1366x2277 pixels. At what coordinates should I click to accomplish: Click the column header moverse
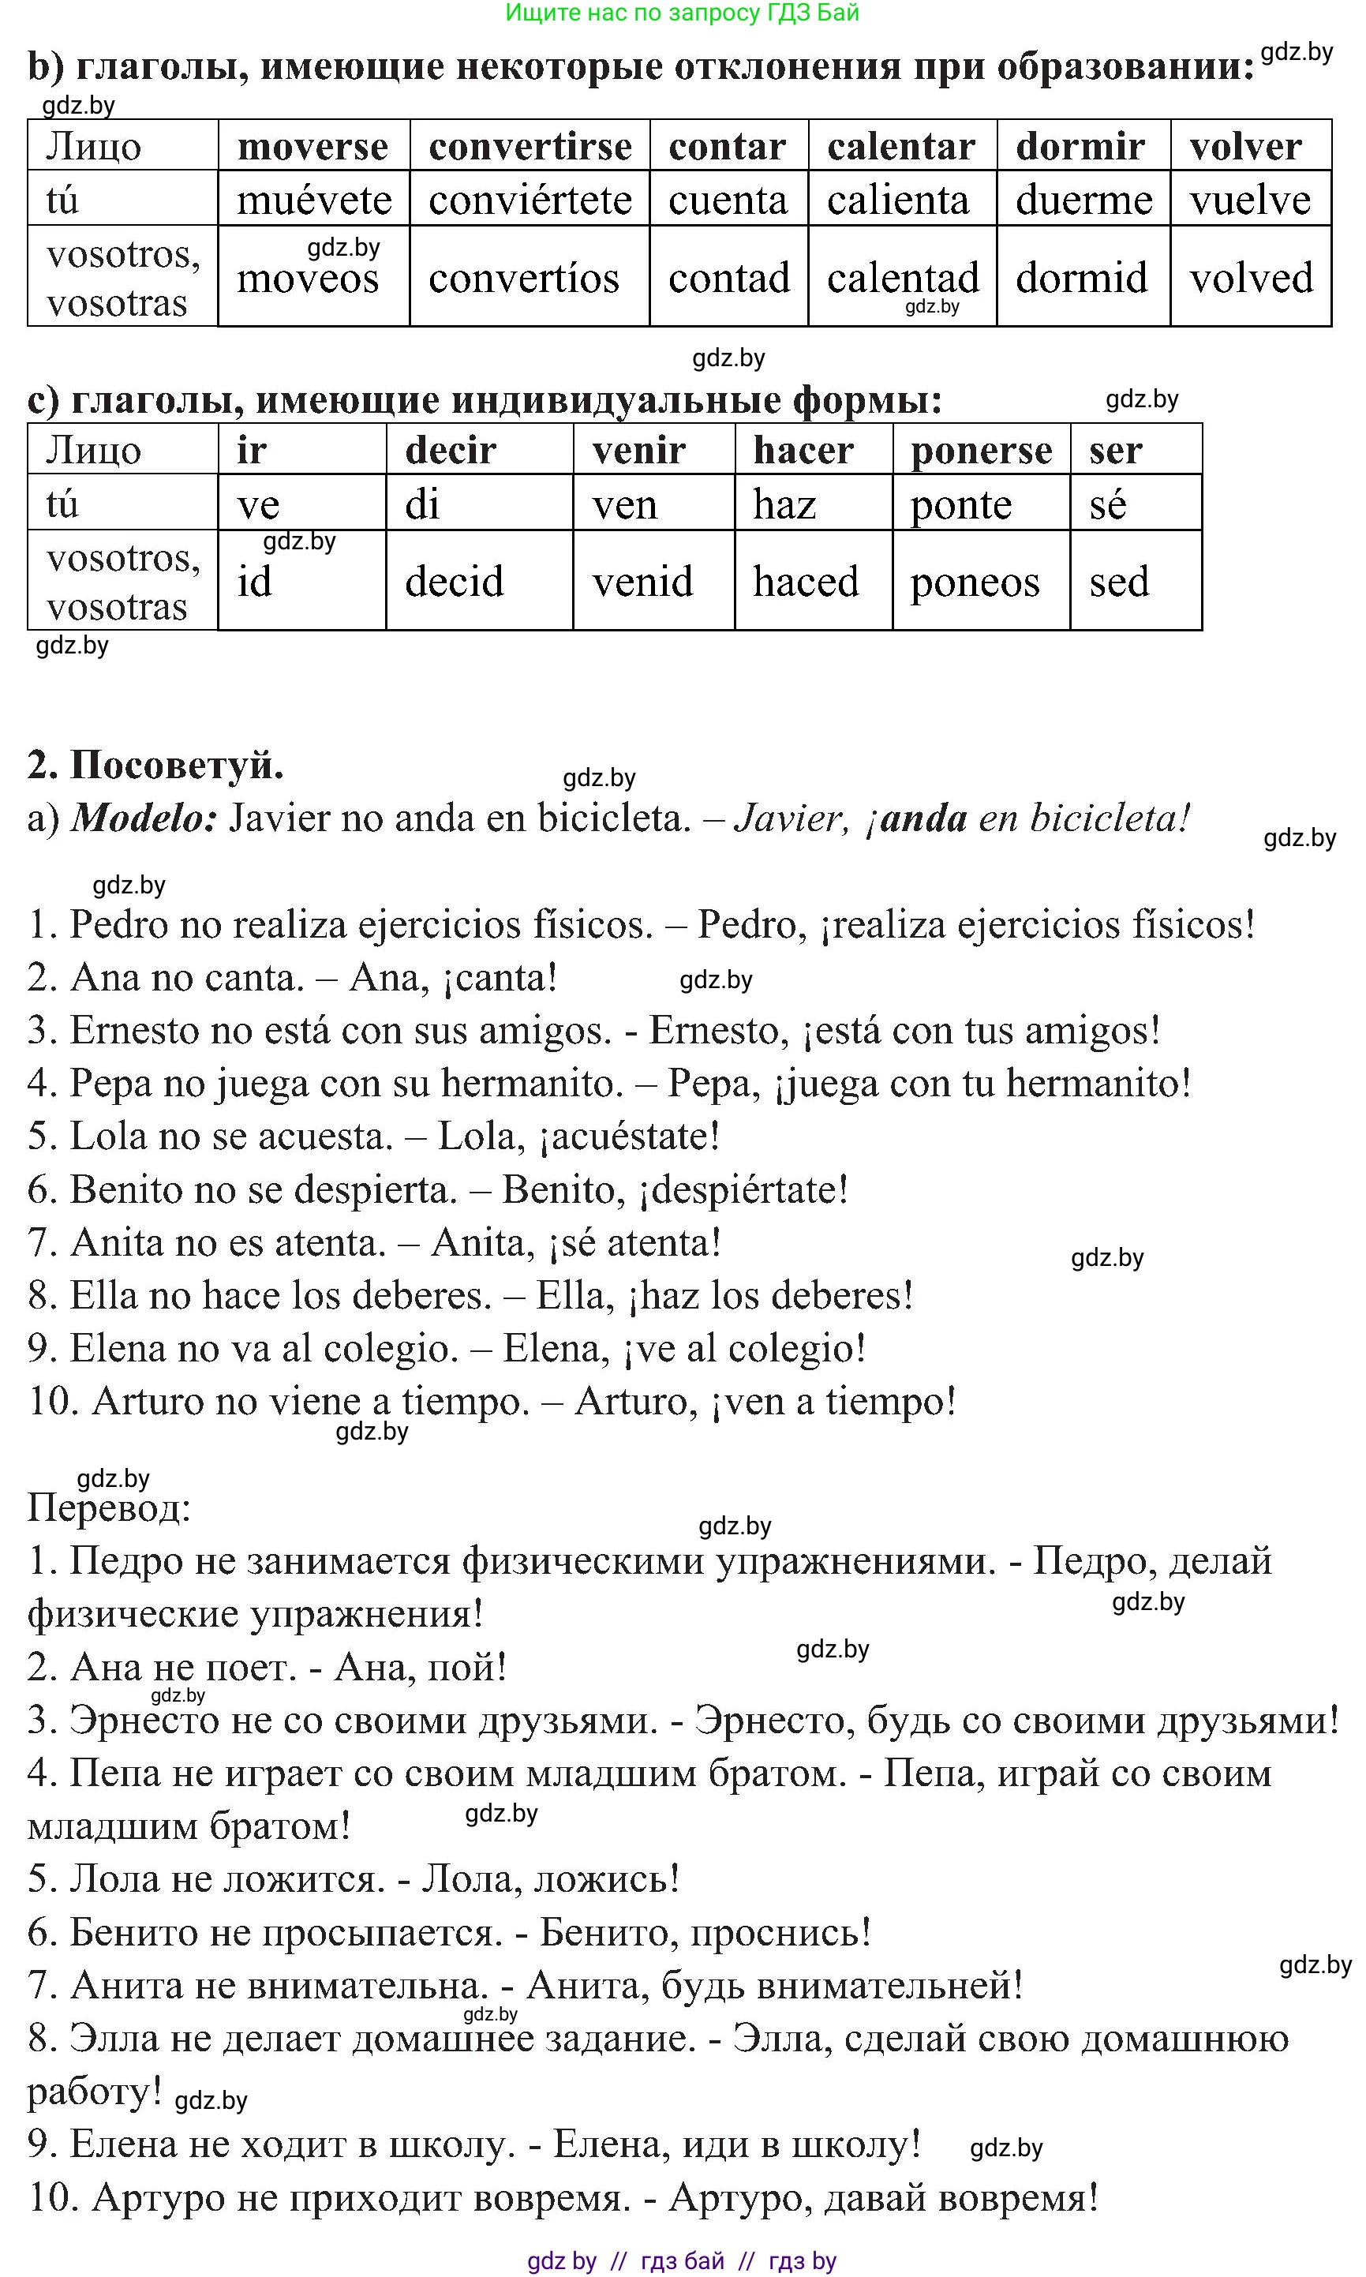tap(313, 146)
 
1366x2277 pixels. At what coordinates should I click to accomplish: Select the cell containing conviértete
tap(530, 200)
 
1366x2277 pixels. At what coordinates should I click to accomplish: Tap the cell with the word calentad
tap(902, 277)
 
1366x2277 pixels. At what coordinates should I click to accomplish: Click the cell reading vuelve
tap(1250, 200)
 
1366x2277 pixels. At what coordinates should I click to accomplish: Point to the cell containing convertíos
tap(524, 277)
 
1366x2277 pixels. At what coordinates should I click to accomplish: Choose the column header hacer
tap(803, 450)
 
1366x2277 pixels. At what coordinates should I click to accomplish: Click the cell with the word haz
tap(785, 504)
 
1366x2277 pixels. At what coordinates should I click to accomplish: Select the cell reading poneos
tap(975, 582)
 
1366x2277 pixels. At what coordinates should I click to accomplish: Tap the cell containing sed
tap(1119, 582)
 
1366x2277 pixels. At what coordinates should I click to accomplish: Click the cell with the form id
tap(255, 582)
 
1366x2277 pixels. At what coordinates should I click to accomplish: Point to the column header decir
tap(451, 450)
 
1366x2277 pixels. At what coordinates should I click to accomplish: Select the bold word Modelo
tap(144, 818)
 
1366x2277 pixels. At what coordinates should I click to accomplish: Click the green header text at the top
tap(682, 13)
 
